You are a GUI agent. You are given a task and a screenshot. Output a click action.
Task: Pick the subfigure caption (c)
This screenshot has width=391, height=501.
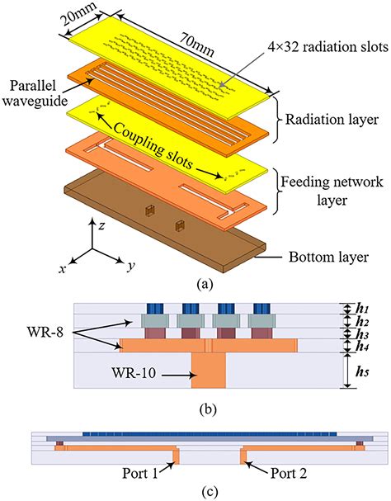coord(196,493)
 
